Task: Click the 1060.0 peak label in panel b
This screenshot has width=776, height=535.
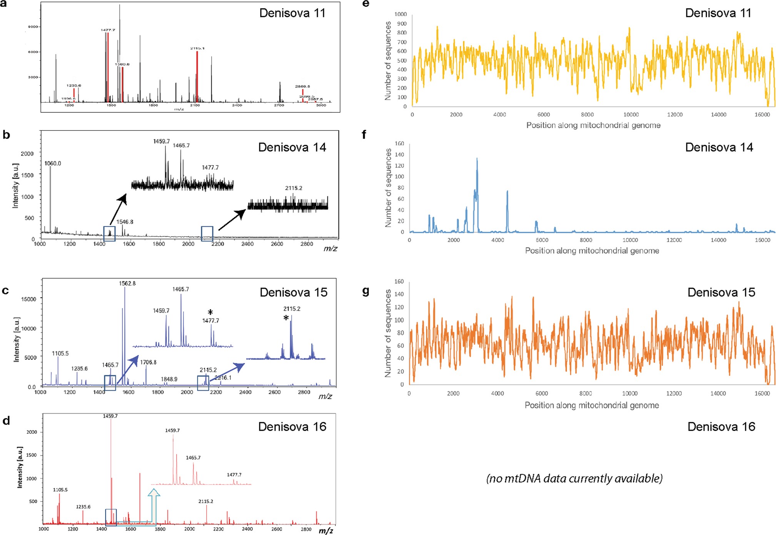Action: pyautogui.click(x=53, y=164)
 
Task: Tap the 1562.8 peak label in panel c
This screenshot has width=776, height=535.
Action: pyautogui.click(x=127, y=283)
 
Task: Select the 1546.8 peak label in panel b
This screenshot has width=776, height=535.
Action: pyautogui.click(x=125, y=222)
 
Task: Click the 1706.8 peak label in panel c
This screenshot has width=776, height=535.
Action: pyautogui.click(x=148, y=362)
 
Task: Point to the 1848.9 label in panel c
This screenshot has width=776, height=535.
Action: pyautogui.click(x=169, y=379)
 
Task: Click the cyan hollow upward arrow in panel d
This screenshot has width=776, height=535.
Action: pyautogui.click(x=154, y=504)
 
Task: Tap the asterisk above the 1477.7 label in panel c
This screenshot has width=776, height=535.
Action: pyautogui.click(x=210, y=312)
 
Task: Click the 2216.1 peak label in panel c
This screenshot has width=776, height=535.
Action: pyautogui.click(x=223, y=378)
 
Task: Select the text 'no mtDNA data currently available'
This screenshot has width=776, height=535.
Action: pyautogui.click(x=574, y=478)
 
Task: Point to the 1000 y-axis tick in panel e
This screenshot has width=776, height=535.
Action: pyautogui.click(x=401, y=14)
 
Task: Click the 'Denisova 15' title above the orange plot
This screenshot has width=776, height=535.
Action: pyautogui.click(x=721, y=292)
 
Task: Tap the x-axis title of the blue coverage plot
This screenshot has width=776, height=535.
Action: pyautogui.click(x=592, y=251)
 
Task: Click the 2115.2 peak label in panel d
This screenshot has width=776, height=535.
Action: pyautogui.click(x=206, y=501)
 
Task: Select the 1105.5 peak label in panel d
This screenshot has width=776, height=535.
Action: pyautogui.click(x=60, y=490)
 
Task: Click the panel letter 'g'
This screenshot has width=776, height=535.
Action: pyautogui.click(x=366, y=291)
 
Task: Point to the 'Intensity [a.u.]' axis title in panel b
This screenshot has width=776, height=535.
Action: pyautogui.click(x=15, y=186)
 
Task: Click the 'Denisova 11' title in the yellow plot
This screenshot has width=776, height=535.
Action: pyautogui.click(x=718, y=13)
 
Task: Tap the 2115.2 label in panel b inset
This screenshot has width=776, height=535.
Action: pyautogui.click(x=294, y=188)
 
